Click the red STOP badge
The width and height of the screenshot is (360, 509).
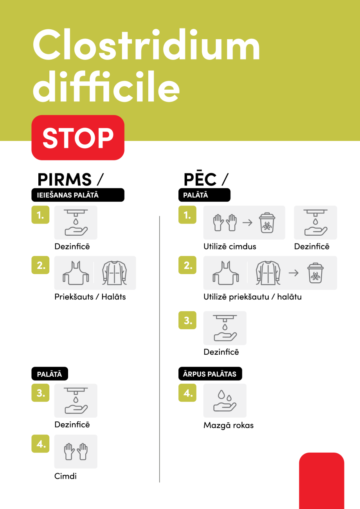(78, 137)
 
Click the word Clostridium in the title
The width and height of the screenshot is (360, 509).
(146, 44)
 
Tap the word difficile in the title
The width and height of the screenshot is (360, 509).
(106, 86)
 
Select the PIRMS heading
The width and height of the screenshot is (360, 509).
(65, 179)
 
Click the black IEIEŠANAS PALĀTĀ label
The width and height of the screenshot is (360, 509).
(78, 195)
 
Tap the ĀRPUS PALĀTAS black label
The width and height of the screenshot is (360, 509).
(210, 374)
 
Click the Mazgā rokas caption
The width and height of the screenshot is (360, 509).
(229, 425)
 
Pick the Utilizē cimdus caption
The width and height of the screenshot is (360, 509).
(230, 246)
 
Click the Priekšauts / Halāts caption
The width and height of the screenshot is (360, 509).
(90, 297)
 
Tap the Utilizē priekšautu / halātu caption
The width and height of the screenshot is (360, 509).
(252, 297)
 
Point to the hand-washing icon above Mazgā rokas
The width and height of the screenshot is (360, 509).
(225, 401)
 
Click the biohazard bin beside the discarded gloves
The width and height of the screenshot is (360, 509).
(267, 223)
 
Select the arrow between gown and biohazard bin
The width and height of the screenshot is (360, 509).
(293, 273)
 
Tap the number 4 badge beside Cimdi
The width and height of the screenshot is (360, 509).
(40, 444)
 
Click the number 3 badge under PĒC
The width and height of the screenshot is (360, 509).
(187, 320)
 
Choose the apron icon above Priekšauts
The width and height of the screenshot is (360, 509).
(76, 273)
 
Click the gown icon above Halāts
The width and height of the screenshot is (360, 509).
(115, 273)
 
